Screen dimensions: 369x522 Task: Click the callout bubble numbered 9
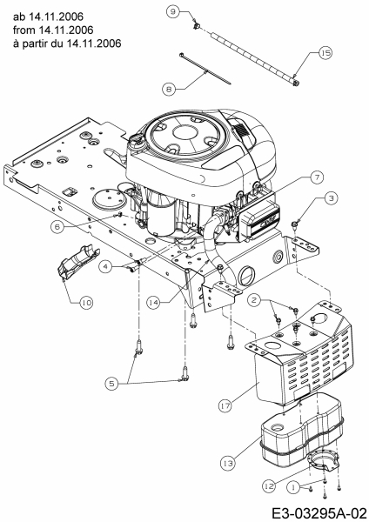coord(172,11)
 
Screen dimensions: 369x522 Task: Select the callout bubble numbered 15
coord(325,53)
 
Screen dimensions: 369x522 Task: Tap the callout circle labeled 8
coord(169,90)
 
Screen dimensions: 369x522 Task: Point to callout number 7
coord(317,177)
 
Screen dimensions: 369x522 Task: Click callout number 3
coord(331,198)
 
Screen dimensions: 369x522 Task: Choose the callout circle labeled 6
coord(57,227)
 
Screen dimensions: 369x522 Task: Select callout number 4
coord(105,266)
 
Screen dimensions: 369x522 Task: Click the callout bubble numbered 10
coord(86,303)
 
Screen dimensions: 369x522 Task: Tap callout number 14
coord(153,303)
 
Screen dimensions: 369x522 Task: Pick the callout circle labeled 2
coord(254,300)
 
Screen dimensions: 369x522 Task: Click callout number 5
coord(111,384)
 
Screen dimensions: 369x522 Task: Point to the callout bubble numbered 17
coord(225,405)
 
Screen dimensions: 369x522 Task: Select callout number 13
coord(227,463)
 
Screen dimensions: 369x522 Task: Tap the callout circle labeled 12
coord(269,486)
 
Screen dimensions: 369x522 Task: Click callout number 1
coord(293,488)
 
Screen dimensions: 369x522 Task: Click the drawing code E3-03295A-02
coord(319,512)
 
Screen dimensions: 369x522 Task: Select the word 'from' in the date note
coord(24,30)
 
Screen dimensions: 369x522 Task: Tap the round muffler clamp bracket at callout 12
coord(324,460)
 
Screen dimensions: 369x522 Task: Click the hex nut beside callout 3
coord(294,225)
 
